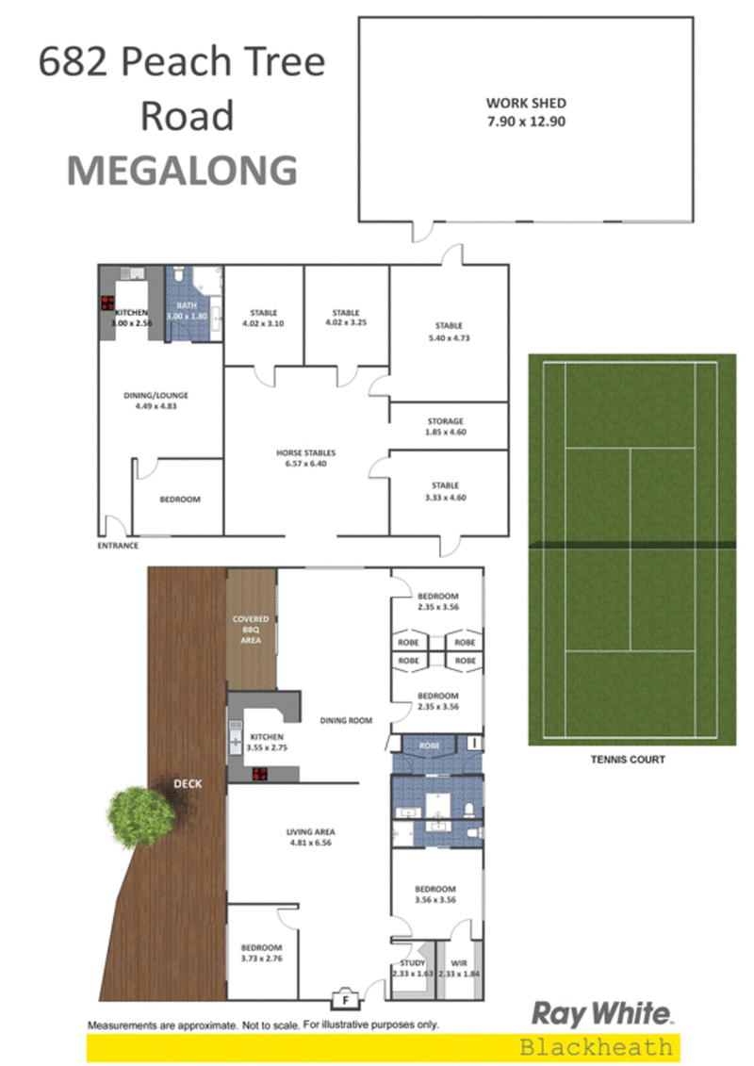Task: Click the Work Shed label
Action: tap(526, 112)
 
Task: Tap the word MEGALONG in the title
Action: tap(182, 171)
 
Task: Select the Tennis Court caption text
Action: tap(628, 760)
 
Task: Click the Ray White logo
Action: tap(601, 1013)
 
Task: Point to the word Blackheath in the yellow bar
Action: tap(596, 1047)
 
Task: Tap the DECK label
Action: tap(188, 784)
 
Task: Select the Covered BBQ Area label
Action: tap(251, 630)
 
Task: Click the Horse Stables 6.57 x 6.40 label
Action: tap(306, 458)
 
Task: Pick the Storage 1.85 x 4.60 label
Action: tap(445, 426)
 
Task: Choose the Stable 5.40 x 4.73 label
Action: tap(449, 332)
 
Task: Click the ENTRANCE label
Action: tap(118, 545)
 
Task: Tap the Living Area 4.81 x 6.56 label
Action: tap(311, 837)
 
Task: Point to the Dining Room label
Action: tap(346, 720)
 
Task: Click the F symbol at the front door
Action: tap(345, 999)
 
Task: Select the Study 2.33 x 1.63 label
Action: tap(413, 968)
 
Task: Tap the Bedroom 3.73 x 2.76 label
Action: tap(262, 953)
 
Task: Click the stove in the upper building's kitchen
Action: tap(107, 303)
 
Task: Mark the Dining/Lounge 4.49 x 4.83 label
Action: tap(156, 401)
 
